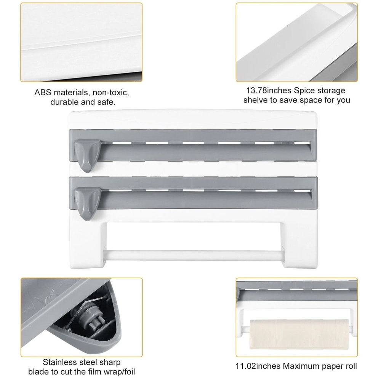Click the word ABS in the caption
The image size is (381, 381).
(x=43, y=93)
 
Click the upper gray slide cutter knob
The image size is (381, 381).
(x=87, y=150)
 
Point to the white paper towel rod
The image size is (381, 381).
(x=192, y=253)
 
